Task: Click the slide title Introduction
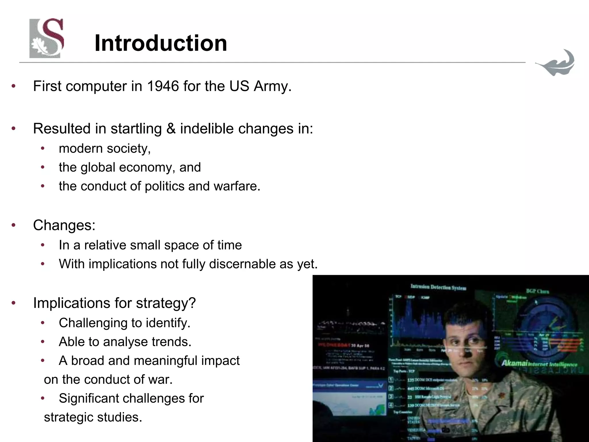coord(160,43)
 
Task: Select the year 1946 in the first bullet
coord(163,86)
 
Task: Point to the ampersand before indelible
coord(171,128)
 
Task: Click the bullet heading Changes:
coord(64,225)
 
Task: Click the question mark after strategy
coord(192,303)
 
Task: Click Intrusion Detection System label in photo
coord(438,287)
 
